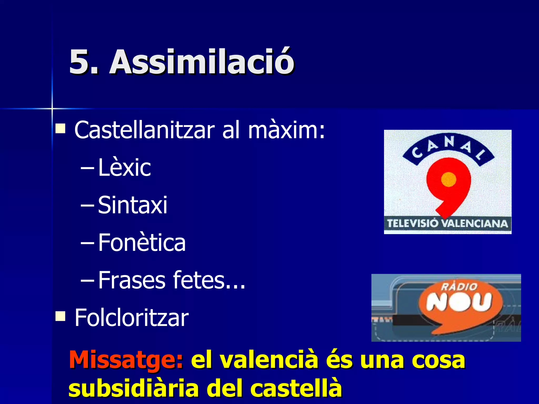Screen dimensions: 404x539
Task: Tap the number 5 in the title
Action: coord(81,62)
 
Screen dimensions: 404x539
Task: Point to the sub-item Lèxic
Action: coord(124,168)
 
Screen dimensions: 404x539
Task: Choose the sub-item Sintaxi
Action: coord(133,205)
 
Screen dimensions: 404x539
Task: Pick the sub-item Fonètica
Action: coord(142,243)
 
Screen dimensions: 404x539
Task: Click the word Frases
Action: coord(132,280)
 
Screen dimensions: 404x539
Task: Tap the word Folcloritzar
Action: coord(132,318)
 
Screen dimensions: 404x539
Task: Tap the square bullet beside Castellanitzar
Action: coord(61,129)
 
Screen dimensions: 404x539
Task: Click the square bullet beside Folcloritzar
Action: coord(61,316)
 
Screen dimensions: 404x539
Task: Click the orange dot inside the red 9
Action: coord(448,180)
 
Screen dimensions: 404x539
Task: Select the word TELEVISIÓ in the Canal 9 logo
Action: coord(413,224)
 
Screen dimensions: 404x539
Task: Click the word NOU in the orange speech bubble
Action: coord(459,302)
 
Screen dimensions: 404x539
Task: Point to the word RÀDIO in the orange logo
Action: coord(459,286)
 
